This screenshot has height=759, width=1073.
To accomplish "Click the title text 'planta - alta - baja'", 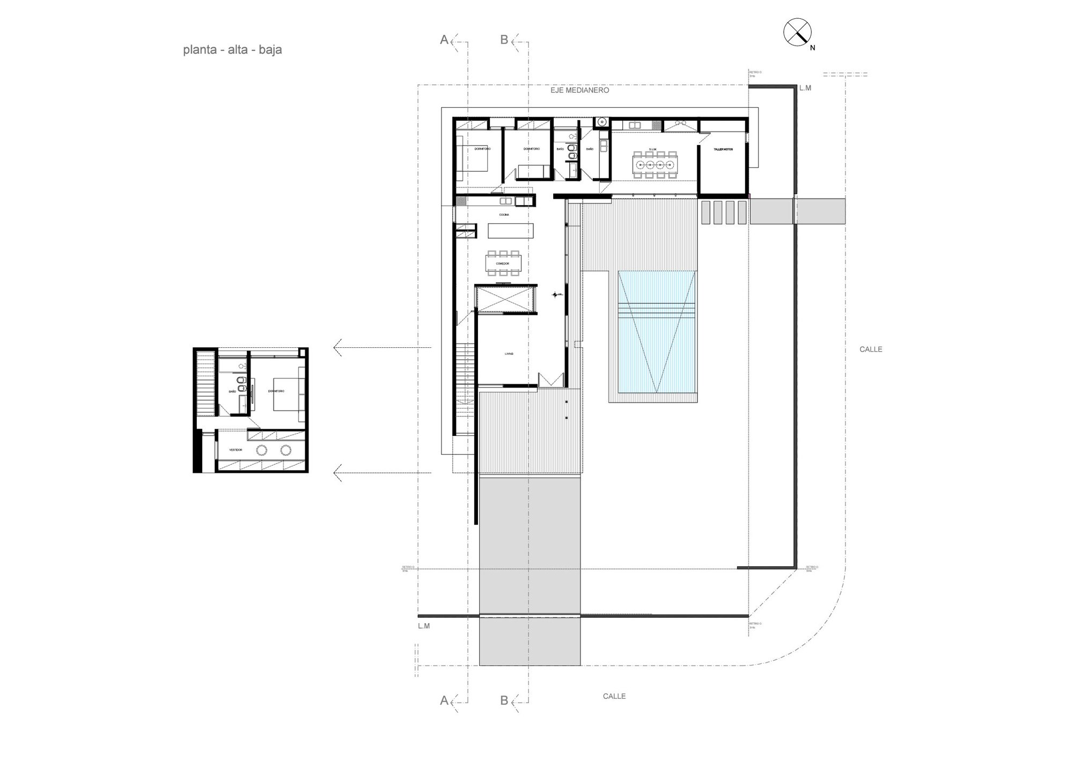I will pos(232,50).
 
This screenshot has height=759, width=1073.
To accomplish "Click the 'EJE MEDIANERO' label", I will pos(579,91).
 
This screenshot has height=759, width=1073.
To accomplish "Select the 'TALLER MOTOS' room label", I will pos(723,149).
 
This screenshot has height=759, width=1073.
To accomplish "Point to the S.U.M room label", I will pos(652,149).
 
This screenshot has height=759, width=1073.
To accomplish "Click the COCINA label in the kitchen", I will pos(504,215).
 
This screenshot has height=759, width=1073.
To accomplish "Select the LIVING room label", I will pos(509,354).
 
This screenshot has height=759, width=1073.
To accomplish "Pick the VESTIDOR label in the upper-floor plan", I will pos(236,450).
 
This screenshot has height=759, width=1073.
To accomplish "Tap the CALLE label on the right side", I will pos(871,349).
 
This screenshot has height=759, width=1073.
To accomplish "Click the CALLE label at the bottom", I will pos(614,696).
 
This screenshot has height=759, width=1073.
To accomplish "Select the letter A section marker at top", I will pos(444,40).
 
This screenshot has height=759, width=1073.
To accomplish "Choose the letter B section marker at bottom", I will pos(504,700).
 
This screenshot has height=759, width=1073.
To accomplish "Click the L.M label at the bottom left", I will pos(424,626).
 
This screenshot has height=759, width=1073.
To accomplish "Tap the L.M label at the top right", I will pos(805,88).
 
